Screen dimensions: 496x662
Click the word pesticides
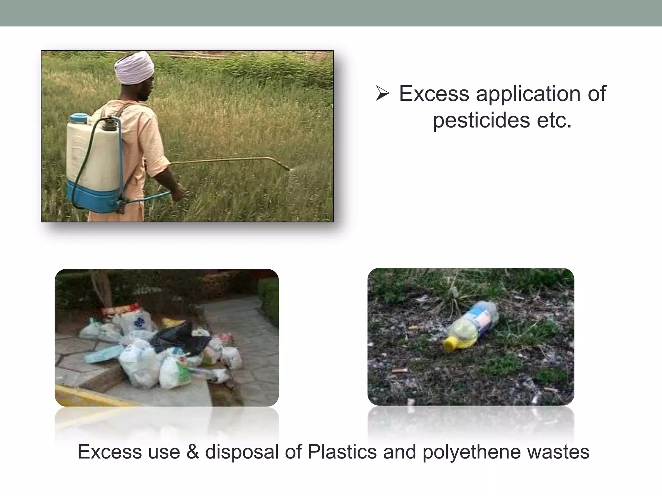click(481, 120)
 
